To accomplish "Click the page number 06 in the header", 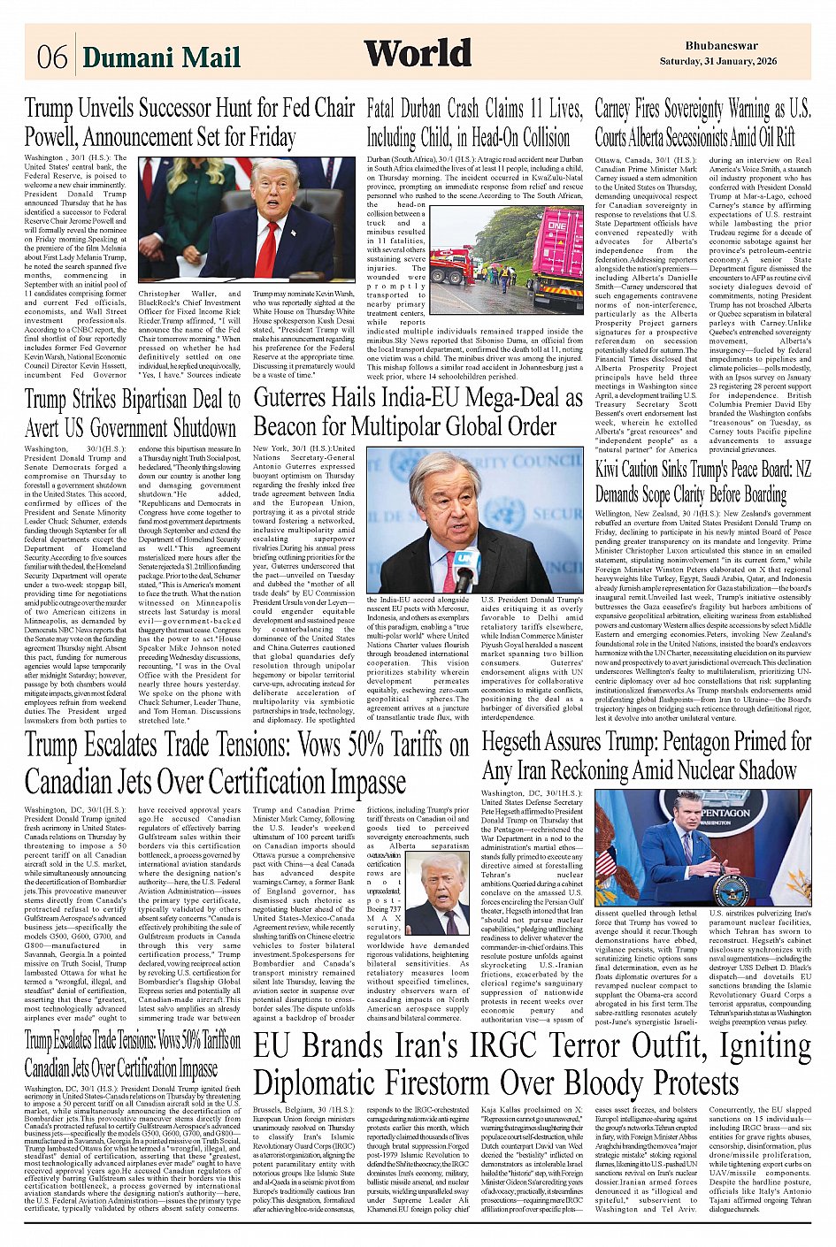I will (51, 57).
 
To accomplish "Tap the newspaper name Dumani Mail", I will (161, 57).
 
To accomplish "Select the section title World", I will (417, 54).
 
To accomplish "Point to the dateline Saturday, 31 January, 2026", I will (717, 61).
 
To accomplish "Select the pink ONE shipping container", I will (557, 248).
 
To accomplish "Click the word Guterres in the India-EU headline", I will (300, 398).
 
